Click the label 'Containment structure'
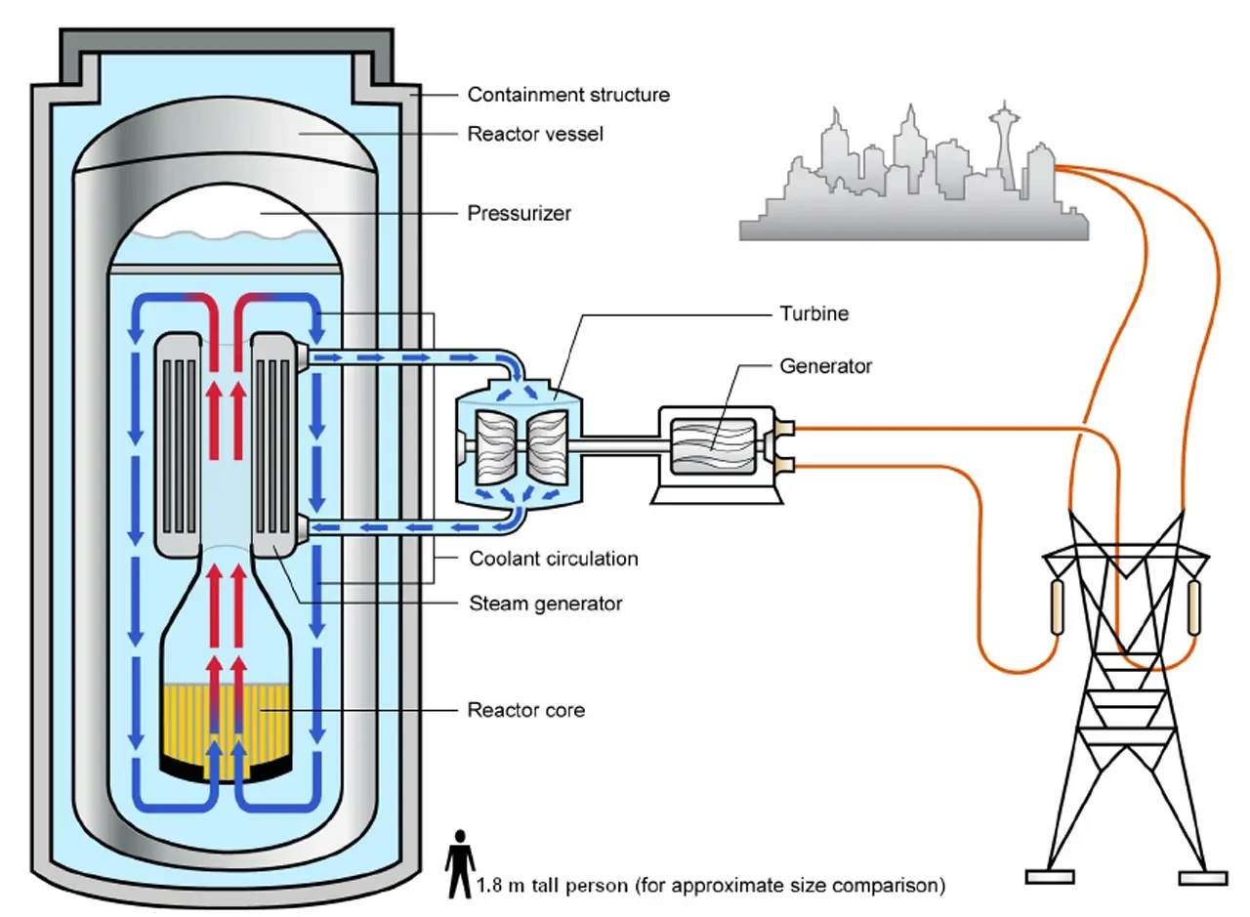pos(568,95)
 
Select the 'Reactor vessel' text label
pos(535,134)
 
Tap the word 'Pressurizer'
pos(520,212)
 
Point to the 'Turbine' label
pos(813,313)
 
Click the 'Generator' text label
pos(825,366)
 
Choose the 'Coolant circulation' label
pos(553,559)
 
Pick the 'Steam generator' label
pos(545,604)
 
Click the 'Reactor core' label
pos(526,710)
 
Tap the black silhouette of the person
pos(459,865)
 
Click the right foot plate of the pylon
pos(1202,876)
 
